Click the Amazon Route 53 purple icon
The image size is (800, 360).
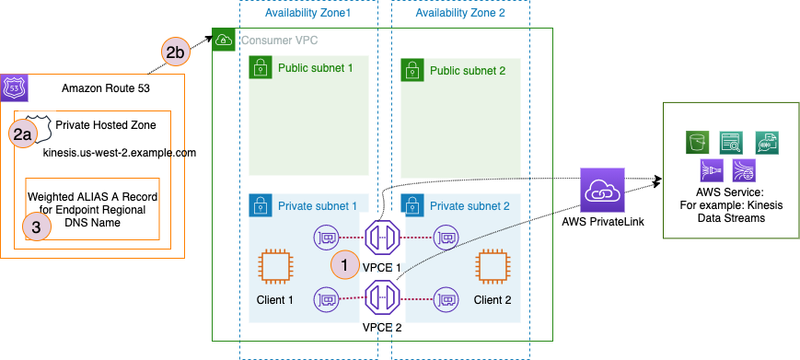click(17, 88)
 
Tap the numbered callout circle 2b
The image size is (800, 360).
click(176, 52)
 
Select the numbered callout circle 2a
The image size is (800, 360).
click(25, 134)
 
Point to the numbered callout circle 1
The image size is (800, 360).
click(344, 263)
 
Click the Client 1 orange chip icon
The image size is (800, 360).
click(274, 267)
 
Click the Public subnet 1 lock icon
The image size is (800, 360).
click(261, 67)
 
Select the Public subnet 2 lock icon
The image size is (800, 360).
click(413, 70)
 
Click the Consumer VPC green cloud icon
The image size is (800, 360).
click(224, 40)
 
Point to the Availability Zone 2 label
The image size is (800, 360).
click(460, 13)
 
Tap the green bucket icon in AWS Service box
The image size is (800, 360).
click(696, 141)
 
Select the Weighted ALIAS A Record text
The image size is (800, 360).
click(92, 197)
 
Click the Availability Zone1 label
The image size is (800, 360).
click(307, 13)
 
